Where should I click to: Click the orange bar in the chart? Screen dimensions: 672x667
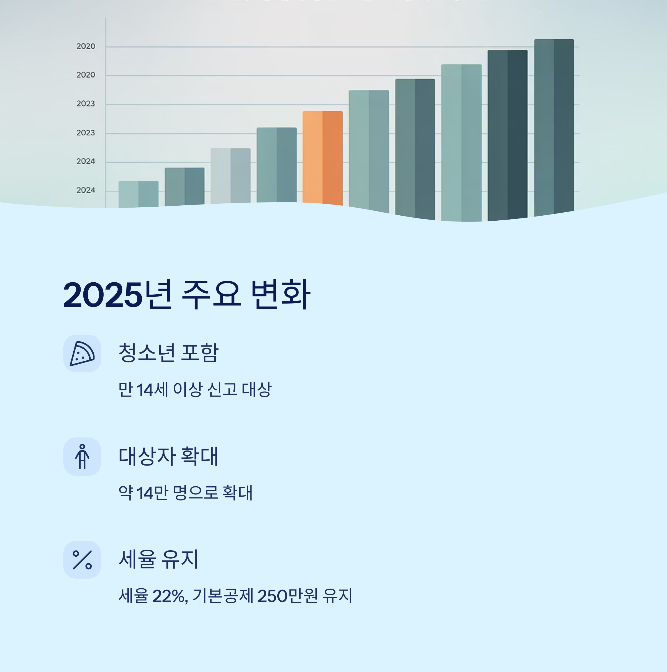[x=322, y=157]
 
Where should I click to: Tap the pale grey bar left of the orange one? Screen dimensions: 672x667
[x=230, y=176]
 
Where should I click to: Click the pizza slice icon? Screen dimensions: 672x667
[x=82, y=354]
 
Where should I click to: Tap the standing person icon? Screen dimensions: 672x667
[x=82, y=456]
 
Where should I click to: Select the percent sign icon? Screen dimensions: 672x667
[x=82, y=560]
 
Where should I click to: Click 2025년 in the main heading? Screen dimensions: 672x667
[x=117, y=295]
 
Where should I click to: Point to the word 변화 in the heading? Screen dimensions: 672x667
[x=280, y=295]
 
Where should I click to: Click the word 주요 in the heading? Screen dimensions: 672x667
[x=211, y=295]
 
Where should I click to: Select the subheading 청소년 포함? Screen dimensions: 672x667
[x=168, y=353]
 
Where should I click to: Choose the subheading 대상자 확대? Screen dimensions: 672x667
[x=168, y=456]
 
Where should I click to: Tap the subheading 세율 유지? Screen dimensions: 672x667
[x=159, y=559]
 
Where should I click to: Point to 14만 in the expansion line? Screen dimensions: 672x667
[x=152, y=493]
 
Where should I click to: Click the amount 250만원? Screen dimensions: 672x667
[x=287, y=596]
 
